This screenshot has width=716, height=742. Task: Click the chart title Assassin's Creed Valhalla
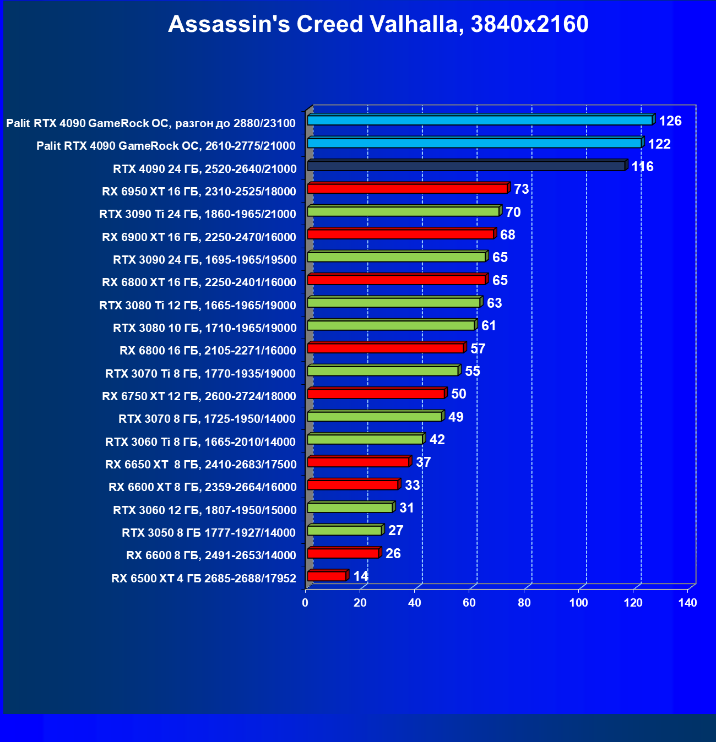click(x=378, y=25)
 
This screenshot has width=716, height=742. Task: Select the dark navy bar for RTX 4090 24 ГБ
click(x=466, y=166)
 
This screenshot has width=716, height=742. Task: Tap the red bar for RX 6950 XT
click(x=407, y=189)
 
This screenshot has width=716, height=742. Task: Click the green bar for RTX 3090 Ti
click(x=403, y=211)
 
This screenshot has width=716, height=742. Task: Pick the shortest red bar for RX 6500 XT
click(x=327, y=576)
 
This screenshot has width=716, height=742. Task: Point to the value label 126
click(x=670, y=121)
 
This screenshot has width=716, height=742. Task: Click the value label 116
click(x=642, y=167)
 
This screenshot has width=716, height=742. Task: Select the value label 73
click(x=521, y=189)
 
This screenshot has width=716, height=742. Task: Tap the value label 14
click(x=361, y=576)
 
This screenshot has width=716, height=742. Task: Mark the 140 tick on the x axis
click(x=687, y=603)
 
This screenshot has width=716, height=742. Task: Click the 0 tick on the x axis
click(x=305, y=603)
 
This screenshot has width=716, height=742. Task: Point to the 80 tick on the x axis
click(x=524, y=603)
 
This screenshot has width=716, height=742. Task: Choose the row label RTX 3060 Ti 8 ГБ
click(x=200, y=442)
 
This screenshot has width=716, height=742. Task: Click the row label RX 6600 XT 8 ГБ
click(x=202, y=487)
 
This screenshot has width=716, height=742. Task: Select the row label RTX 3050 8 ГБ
click(x=209, y=533)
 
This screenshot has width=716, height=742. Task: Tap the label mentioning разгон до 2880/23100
click(x=151, y=123)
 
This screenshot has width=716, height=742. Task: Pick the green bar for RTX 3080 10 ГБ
click(x=390, y=325)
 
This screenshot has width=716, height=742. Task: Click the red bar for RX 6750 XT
click(x=376, y=394)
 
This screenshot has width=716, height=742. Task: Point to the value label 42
click(x=437, y=440)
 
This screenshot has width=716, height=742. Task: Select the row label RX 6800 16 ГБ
click(x=208, y=351)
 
